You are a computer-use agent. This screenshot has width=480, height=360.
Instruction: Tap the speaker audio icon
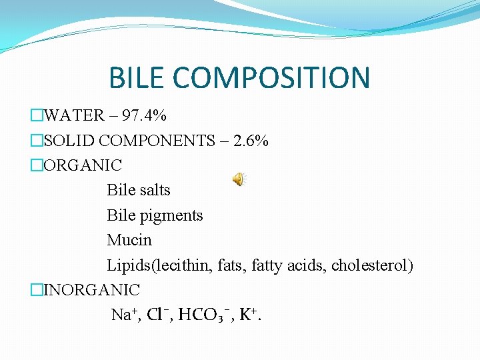239,179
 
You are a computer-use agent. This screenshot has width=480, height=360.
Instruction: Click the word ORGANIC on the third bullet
83,165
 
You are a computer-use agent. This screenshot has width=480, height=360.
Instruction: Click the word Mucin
129,240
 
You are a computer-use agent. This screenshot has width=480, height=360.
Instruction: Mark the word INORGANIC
92,290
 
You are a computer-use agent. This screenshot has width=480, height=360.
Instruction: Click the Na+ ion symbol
123,315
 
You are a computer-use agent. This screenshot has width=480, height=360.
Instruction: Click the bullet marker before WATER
37,115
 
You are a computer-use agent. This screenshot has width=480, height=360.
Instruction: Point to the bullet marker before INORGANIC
37,290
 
